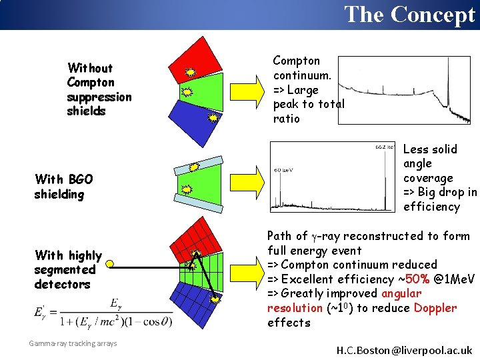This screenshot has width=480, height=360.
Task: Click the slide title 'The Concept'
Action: (x=409, y=14)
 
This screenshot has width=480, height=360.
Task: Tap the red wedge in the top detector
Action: (x=199, y=55)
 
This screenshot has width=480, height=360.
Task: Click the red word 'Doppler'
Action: (x=435, y=308)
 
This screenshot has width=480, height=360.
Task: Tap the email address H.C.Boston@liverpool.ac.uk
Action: (x=404, y=350)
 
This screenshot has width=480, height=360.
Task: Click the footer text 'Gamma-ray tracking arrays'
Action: (x=73, y=343)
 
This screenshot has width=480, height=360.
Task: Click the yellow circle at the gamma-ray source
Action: (x=110, y=265)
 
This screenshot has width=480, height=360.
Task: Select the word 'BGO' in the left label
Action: (x=79, y=179)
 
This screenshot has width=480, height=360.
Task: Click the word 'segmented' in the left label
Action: (x=65, y=269)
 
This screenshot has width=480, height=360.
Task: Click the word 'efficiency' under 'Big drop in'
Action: (x=431, y=207)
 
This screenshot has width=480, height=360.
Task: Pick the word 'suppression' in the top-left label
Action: (x=99, y=97)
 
